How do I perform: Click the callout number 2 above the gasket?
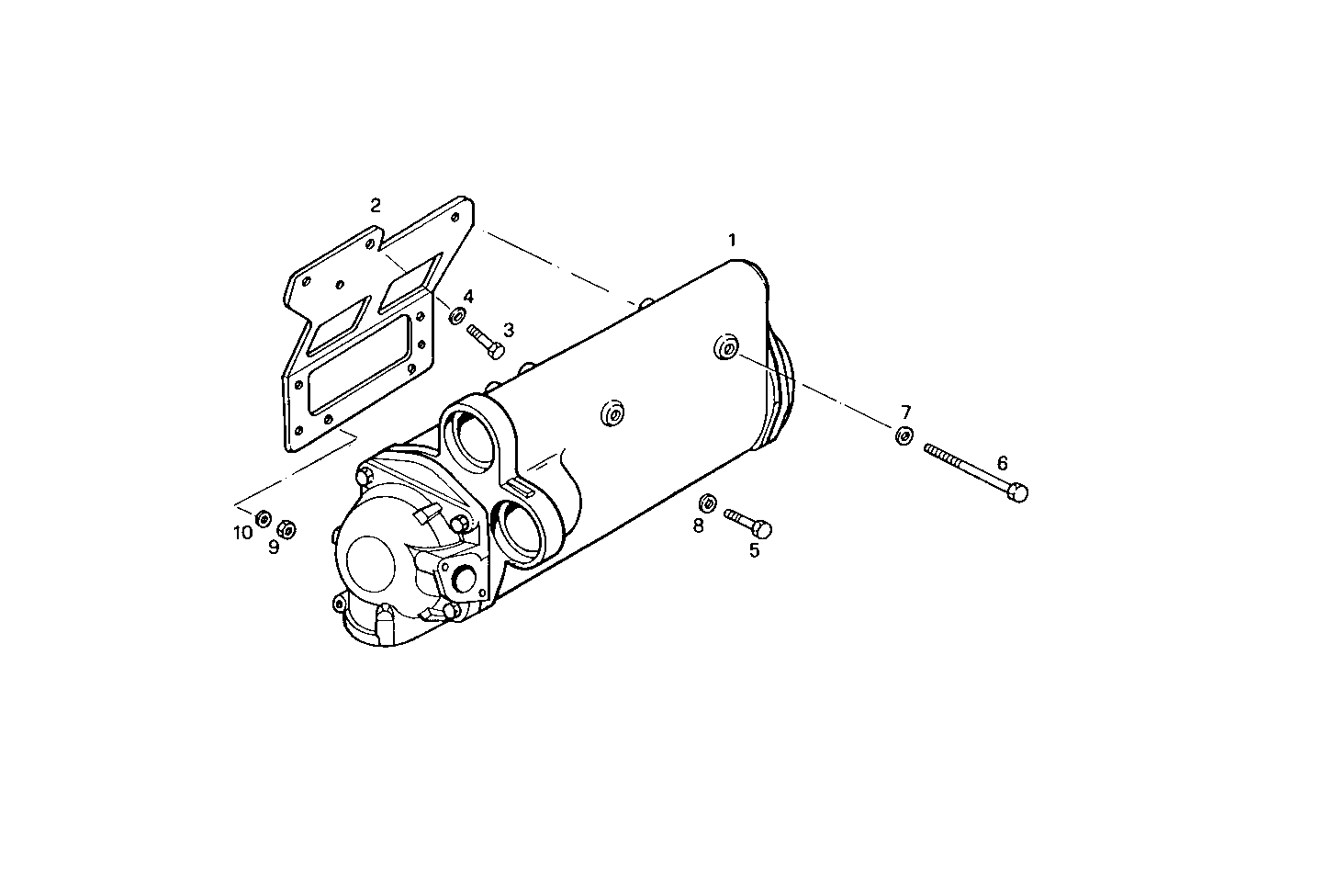pyautogui.click(x=375, y=205)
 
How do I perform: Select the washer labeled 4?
pyautogui.click(x=455, y=316)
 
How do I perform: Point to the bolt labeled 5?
pyautogui.click(x=748, y=522)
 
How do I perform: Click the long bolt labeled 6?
pyautogui.click(x=975, y=471)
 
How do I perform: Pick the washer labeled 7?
pyautogui.click(x=904, y=435)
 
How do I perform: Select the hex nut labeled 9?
pyautogui.click(x=286, y=528)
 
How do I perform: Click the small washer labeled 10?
pyautogui.click(x=263, y=518)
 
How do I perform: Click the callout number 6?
pyautogui.click(x=1002, y=463)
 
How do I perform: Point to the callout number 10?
pyautogui.click(x=242, y=533)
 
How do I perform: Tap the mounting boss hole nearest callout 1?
pyautogui.click(x=726, y=349)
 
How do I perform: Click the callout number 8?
pyautogui.click(x=698, y=525)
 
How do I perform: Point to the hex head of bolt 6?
pyautogui.click(x=1017, y=492)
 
